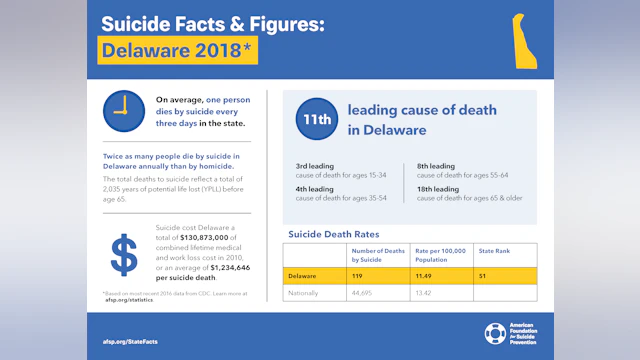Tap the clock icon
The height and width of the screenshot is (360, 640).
[123, 110]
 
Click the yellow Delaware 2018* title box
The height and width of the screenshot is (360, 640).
[178, 50]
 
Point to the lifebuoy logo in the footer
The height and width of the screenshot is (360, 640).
[495, 333]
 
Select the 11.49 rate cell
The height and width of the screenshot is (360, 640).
[425, 274]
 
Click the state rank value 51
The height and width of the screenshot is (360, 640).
[485, 274]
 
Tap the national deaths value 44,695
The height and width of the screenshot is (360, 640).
[362, 293]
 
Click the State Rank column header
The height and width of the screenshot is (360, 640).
[495, 251]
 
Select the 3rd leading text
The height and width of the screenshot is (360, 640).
[315, 166]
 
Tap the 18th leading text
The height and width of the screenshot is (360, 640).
[437, 188]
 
